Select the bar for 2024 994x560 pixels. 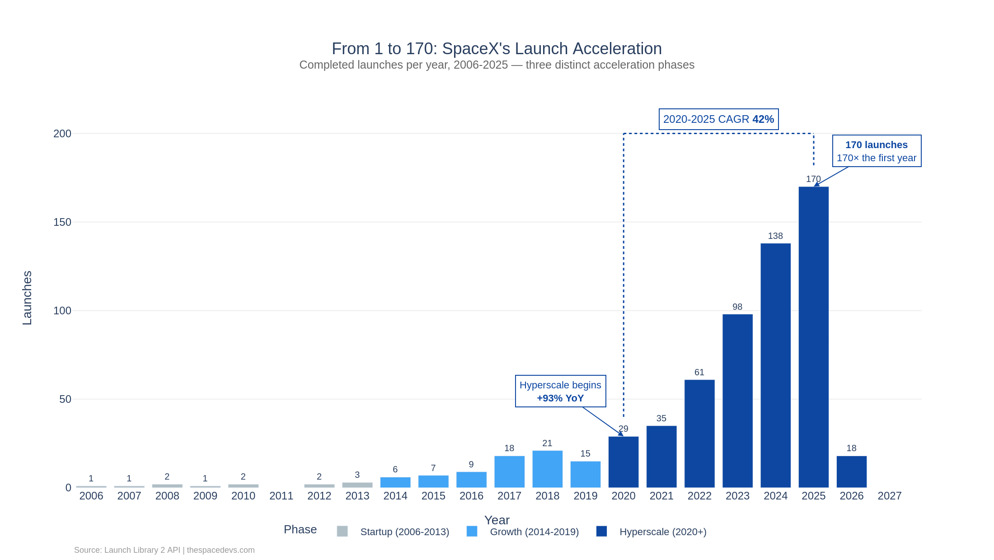pyautogui.click(x=775, y=365)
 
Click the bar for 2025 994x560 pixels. pyautogui.click(x=813, y=337)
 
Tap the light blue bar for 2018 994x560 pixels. pyautogui.click(x=547, y=469)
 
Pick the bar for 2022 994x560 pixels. pyautogui.click(x=699, y=434)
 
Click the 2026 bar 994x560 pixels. pyautogui.click(x=851, y=472)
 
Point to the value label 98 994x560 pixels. pyautogui.click(x=737, y=307)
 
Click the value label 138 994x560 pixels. pyautogui.click(x=775, y=236)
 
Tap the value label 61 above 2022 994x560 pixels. pyautogui.click(x=699, y=372)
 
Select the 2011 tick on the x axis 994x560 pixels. pyautogui.click(x=281, y=496)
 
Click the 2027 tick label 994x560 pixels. pyautogui.click(x=889, y=496)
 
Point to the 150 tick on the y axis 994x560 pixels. pyautogui.click(x=62, y=222)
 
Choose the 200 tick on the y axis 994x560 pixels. pyautogui.click(x=62, y=134)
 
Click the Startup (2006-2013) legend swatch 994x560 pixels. pyautogui.click(x=342, y=532)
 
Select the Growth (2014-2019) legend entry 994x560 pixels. pyautogui.click(x=523, y=532)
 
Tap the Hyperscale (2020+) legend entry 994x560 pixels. pyautogui.click(x=651, y=532)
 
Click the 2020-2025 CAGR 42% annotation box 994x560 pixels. pyautogui.click(x=718, y=119)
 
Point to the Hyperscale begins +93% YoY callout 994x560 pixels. pyautogui.click(x=560, y=391)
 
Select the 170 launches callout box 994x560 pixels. pyautogui.click(x=877, y=151)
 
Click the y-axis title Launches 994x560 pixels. pyautogui.click(x=27, y=298)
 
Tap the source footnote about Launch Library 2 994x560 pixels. pyautogui.click(x=164, y=550)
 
